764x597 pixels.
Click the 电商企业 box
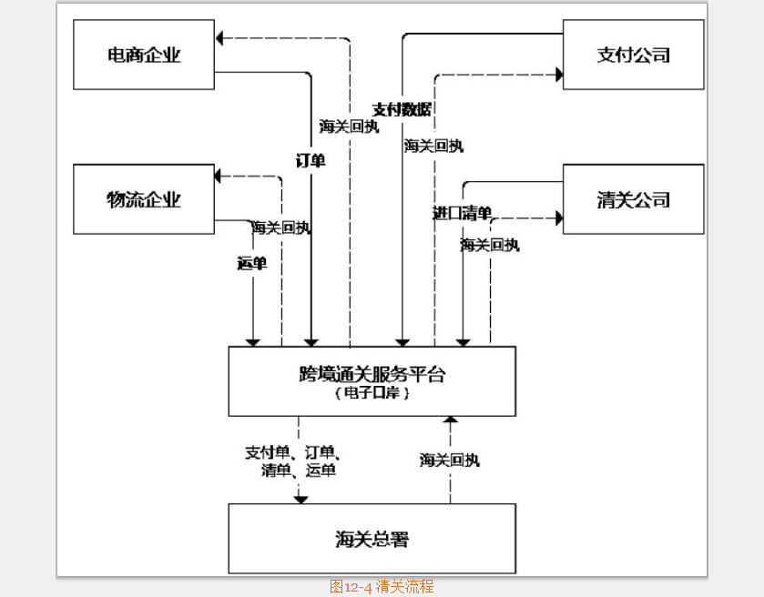pos(144,55)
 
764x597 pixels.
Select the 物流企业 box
pos(144,199)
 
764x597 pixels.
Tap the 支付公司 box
pos(633,55)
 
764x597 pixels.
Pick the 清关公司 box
pos(633,199)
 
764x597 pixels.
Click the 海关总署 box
pos(372,539)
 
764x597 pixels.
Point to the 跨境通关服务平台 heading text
pos(372,373)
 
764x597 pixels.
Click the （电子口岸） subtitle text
pos(372,393)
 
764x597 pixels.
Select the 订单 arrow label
pos(311,160)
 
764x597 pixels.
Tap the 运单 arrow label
pos(251,264)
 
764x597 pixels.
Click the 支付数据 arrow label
pos(402,109)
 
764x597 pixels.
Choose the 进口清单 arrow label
pos(462,213)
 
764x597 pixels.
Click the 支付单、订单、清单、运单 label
pos(299,460)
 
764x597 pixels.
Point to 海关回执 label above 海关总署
pos(449,460)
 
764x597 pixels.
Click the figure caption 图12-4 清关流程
pos(382,587)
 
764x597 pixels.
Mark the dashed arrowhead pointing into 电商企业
pos(221,37)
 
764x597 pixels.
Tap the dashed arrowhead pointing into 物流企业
pos(219,176)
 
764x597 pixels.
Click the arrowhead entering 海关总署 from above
pos(300,498)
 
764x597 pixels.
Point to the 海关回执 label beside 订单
pos(349,126)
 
